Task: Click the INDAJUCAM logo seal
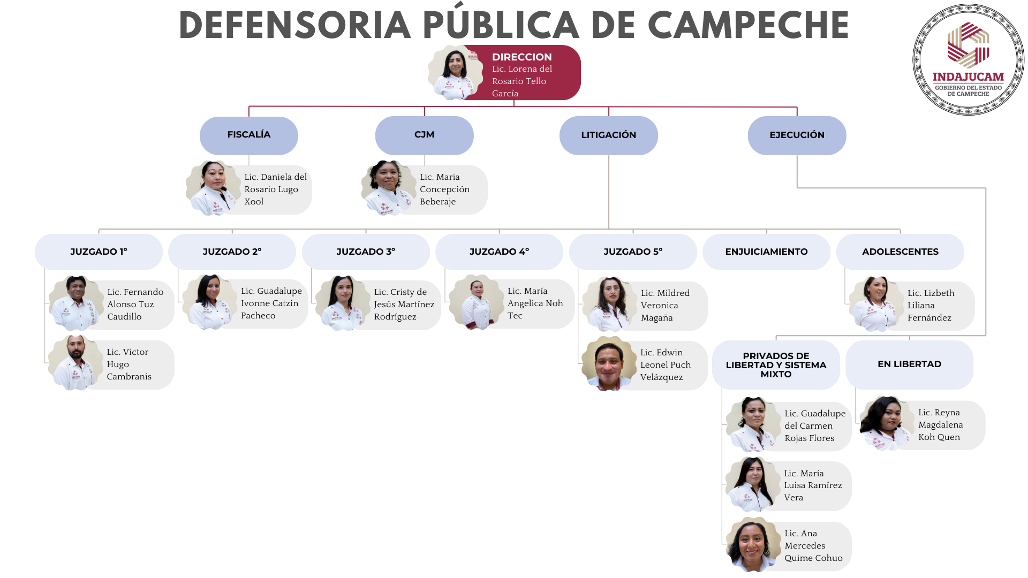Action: coord(968,60)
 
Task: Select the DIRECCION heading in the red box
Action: coord(521,57)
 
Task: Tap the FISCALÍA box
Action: coord(248,135)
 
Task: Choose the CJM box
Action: coord(424,135)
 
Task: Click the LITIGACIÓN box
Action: coord(608,135)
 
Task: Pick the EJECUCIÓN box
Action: coord(797,135)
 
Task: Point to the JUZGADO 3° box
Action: coord(366,252)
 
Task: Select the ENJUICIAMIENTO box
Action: coord(766,252)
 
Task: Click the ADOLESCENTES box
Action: coord(900,252)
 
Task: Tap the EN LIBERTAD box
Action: coord(909,364)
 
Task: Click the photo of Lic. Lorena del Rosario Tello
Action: coord(455,73)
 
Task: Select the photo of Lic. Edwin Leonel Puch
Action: coord(609,364)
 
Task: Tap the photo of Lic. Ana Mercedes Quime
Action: coord(753,545)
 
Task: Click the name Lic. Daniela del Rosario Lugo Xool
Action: coord(275,189)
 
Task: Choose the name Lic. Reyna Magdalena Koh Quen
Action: coord(940,425)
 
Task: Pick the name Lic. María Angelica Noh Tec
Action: coord(535,303)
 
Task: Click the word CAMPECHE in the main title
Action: coord(748,26)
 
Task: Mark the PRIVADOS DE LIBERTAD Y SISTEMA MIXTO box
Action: coord(776,365)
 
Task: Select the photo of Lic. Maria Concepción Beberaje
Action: coord(388,188)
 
